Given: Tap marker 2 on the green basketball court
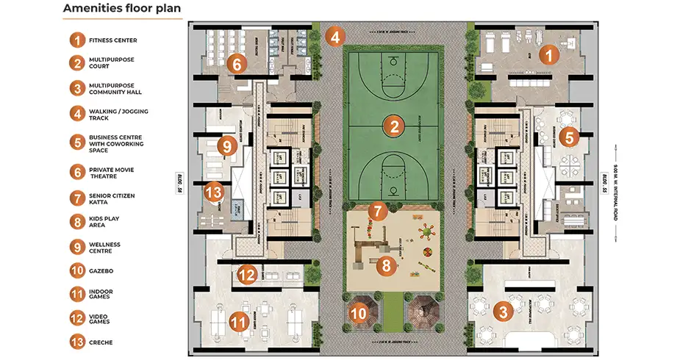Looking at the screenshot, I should pos(394,126).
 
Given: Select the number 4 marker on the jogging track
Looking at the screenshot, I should pos(334,36).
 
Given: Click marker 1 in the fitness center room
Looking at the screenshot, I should pos(547,54).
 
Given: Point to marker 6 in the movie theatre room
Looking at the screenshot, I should pos(236,64).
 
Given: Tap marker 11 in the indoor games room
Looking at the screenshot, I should pos(237,321).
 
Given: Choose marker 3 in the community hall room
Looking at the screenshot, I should pos(504,311).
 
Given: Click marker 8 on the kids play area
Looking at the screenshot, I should pos(384,265).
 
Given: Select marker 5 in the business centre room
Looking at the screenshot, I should pos(569,137).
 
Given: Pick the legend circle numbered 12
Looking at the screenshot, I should pos(76,318).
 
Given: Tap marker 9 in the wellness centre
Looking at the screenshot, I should pos(226,146).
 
